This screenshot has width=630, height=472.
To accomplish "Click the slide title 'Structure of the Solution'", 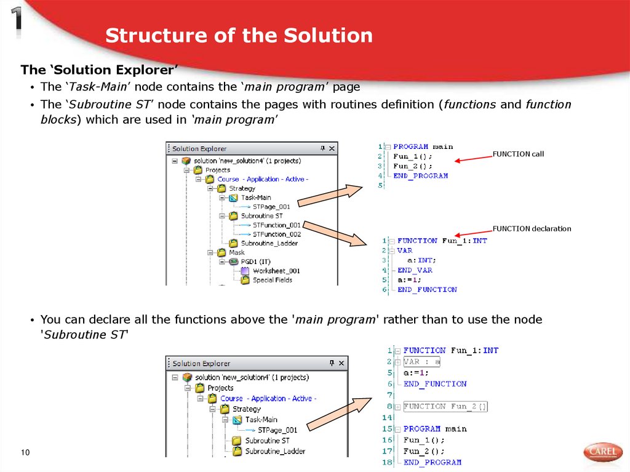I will (239, 36).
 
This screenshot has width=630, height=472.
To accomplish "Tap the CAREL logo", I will (603, 452).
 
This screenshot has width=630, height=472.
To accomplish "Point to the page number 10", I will (25, 454).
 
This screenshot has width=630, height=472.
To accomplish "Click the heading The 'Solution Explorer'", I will (99, 70).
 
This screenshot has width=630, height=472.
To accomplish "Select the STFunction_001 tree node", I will (276, 225).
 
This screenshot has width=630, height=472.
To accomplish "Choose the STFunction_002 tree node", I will (276, 234).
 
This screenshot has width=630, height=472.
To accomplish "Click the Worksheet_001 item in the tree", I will (276, 271).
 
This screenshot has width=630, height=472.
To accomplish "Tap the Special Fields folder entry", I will (272, 280).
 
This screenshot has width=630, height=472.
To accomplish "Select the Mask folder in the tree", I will (236, 252).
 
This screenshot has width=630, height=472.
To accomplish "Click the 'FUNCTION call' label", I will (518, 154).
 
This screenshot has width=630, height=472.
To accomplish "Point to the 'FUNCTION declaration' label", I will (532, 229).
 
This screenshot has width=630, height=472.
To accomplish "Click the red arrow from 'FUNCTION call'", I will (473, 159).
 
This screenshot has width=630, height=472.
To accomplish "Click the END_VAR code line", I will (415, 270).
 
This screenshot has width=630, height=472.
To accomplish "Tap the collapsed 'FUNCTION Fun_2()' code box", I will (445, 407).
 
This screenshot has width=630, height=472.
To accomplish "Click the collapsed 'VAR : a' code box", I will (422, 362).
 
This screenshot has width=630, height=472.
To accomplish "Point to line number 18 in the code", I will (387, 462).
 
